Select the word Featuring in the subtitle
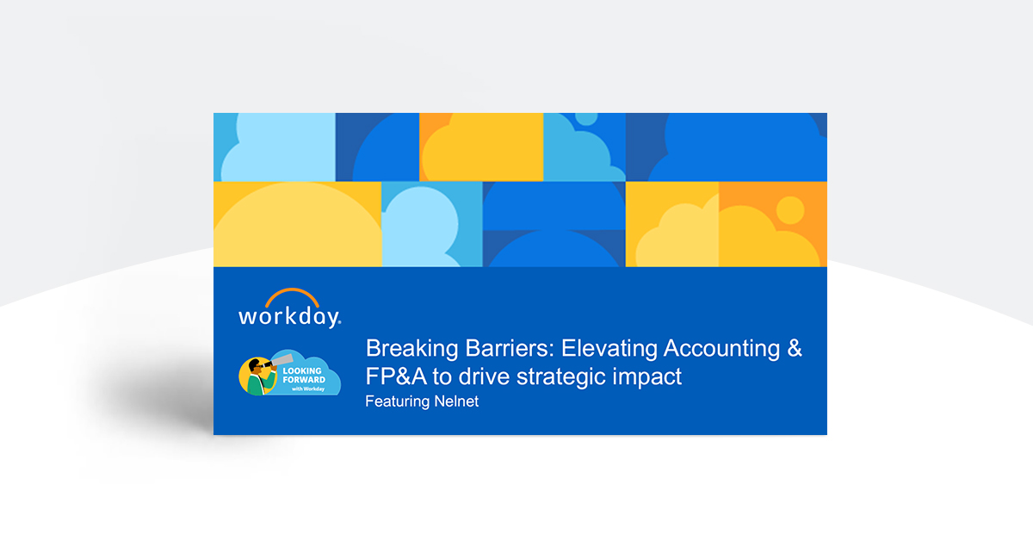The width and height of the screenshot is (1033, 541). point(396,401)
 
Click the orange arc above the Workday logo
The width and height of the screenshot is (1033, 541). point(290,295)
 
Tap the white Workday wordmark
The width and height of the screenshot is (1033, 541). point(289,316)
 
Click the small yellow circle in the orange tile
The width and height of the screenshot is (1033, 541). point(790,209)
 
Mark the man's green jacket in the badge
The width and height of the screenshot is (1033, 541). point(256,384)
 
